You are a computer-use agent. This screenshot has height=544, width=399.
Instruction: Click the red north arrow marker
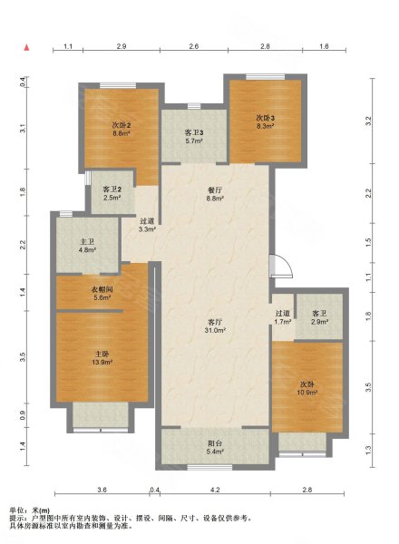click(x=26, y=47)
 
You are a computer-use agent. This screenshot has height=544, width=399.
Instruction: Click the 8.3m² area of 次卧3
click(x=265, y=126)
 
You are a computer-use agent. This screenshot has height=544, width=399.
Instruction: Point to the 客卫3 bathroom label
click(x=193, y=132)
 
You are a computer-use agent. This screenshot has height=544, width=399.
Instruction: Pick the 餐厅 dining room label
click(x=215, y=190)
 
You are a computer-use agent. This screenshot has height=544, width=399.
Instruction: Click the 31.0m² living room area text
click(x=215, y=330)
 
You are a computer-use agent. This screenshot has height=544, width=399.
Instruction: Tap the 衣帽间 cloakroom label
click(x=102, y=289)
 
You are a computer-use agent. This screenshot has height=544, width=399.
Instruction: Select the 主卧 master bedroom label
click(x=102, y=354)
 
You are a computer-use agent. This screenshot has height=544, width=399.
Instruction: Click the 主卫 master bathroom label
click(x=87, y=241)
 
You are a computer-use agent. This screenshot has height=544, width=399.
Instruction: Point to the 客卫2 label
click(x=112, y=189)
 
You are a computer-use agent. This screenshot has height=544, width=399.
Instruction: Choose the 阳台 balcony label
click(x=215, y=443)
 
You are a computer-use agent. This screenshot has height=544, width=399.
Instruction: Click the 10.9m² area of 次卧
click(x=307, y=393)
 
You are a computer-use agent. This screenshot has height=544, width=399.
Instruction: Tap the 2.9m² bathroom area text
click(x=319, y=322)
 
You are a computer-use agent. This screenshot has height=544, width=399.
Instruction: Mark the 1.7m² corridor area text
click(x=282, y=322)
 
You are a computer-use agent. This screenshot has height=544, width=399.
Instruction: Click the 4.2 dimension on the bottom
click(x=215, y=490)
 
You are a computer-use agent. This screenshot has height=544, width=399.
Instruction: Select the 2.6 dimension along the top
click(x=193, y=46)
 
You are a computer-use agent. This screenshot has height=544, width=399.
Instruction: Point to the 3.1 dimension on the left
click(x=23, y=128)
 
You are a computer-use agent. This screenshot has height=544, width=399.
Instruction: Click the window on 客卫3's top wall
click(x=194, y=106)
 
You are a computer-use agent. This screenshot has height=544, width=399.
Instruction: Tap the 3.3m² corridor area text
click(x=147, y=229)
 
